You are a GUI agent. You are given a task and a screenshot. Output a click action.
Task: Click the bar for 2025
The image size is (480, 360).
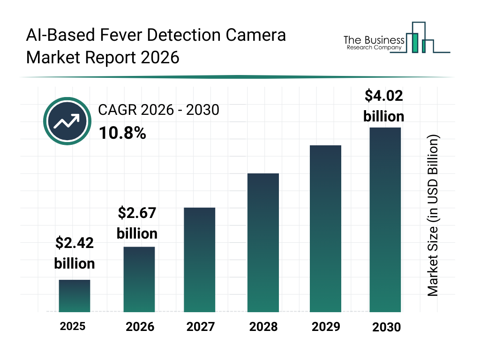click(75, 296)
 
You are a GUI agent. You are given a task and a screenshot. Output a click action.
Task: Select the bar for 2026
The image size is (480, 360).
click(139, 279)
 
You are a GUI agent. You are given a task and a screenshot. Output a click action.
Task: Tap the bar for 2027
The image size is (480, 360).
click(200, 260)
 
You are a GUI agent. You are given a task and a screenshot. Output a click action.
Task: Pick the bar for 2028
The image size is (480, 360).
click(263, 243)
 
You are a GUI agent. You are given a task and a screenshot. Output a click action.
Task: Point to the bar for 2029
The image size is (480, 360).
click(325, 229)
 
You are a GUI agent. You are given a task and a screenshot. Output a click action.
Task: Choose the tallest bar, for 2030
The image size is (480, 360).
click(385, 219)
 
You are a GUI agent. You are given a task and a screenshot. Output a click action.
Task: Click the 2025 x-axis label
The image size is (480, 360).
click(73, 326)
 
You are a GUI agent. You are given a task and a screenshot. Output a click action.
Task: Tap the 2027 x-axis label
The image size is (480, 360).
click(201, 327)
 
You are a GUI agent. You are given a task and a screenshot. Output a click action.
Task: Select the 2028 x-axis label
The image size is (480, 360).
click(263, 327)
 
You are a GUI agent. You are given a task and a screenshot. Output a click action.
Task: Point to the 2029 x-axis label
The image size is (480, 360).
click(325, 327)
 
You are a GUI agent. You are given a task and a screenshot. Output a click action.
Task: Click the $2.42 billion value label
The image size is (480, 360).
click(75, 253)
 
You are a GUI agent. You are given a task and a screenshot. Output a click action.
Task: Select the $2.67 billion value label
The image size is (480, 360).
click(137, 223)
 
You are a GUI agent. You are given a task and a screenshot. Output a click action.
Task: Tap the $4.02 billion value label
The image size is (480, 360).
click(384, 106)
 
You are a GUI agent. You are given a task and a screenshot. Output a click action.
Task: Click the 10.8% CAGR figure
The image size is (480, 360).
click(122, 133)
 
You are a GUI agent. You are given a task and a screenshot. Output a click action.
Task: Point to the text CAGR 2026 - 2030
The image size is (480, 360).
click(158, 111)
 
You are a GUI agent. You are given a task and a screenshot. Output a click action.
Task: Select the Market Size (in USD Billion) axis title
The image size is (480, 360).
click(433, 216)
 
